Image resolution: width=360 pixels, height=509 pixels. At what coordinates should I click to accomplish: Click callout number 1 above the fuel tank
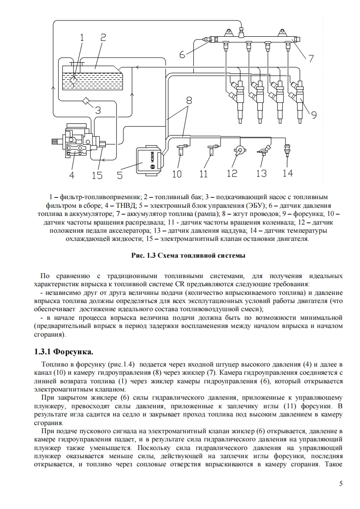(x=82, y=38)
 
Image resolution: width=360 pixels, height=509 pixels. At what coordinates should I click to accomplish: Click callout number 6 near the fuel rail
(x=182, y=54)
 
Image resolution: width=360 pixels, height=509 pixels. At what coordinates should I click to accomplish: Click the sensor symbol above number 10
(x=181, y=149)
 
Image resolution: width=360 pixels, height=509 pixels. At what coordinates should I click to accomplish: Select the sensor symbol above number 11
(x=212, y=149)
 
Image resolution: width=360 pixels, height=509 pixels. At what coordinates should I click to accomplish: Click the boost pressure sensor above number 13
(x=263, y=151)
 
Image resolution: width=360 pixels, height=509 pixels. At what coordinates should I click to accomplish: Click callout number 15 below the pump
(x=97, y=175)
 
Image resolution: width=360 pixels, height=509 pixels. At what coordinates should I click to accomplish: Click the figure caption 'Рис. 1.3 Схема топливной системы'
(x=188, y=255)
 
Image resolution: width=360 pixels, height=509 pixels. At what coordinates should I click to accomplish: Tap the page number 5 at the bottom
(x=340, y=483)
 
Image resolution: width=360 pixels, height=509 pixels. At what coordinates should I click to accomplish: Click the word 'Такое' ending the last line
(x=333, y=465)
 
